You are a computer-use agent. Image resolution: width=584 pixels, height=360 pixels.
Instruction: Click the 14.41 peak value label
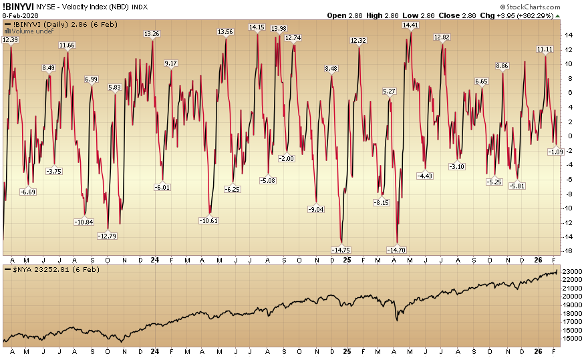tap(410, 25)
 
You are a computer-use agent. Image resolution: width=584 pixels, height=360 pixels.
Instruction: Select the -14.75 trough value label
tap(341, 250)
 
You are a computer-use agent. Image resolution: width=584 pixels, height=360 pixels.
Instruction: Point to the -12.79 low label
tap(107, 236)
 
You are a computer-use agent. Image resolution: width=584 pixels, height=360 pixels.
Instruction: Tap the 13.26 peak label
tap(152, 33)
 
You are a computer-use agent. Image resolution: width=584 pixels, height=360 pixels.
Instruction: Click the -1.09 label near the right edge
tap(556, 152)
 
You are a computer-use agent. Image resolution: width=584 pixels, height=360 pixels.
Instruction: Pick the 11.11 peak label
tap(545, 49)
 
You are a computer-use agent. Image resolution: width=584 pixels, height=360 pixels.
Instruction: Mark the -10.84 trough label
tap(85, 222)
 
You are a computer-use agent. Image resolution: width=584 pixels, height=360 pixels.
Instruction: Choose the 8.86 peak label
tap(502, 66)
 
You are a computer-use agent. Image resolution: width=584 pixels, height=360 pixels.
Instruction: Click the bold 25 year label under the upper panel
tap(347, 259)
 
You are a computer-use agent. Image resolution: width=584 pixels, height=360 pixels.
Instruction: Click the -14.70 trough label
tap(397, 250)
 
